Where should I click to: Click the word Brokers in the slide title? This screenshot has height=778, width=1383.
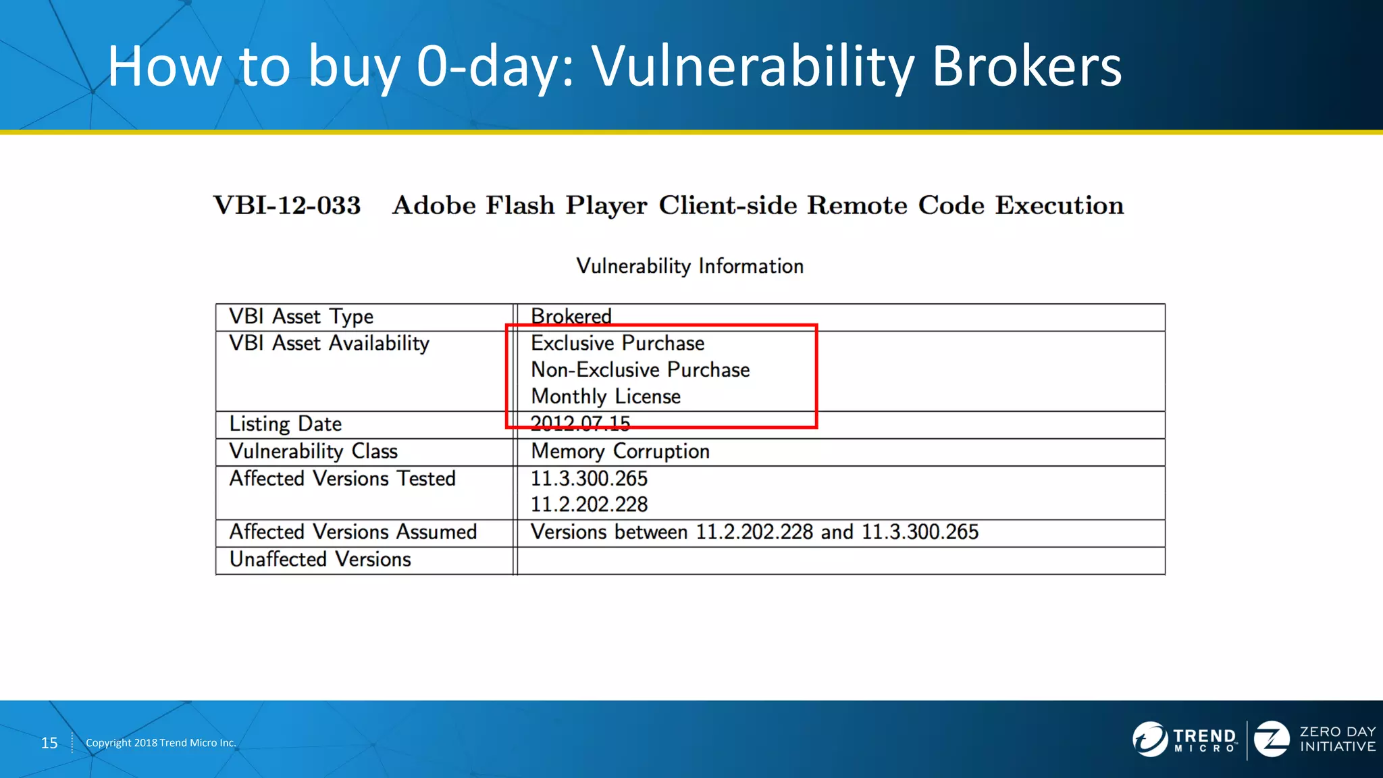pos(1026,66)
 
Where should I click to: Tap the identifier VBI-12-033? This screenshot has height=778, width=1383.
pos(287,205)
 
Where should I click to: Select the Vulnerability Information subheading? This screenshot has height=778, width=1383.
pos(689,266)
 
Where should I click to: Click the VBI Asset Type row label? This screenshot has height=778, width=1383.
pos(301,317)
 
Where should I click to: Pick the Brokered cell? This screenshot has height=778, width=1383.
pos(571,316)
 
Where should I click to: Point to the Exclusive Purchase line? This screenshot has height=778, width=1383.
pos(617,343)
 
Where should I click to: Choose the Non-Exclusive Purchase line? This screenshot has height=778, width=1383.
pos(640,370)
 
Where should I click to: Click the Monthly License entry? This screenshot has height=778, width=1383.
pos(606,396)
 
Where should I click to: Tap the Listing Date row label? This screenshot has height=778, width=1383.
pos(286,424)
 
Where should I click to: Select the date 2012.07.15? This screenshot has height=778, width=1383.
pos(580,423)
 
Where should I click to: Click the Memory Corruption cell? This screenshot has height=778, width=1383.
pos(620,451)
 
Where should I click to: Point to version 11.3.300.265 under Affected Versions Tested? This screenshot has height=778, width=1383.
pos(589,479)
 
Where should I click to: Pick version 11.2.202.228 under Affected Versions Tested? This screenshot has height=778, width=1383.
pos(589,504)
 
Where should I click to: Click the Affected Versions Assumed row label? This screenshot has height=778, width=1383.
pos(353,532)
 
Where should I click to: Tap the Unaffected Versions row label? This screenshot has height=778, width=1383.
pos(320,560)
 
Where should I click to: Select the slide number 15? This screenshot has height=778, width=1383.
pos(49,743)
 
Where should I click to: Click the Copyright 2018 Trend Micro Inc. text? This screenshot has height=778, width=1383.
pos(161,743)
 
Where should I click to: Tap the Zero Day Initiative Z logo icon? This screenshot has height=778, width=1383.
pos(1272,739)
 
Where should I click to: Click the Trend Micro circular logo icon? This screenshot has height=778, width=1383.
pos(1149,739)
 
